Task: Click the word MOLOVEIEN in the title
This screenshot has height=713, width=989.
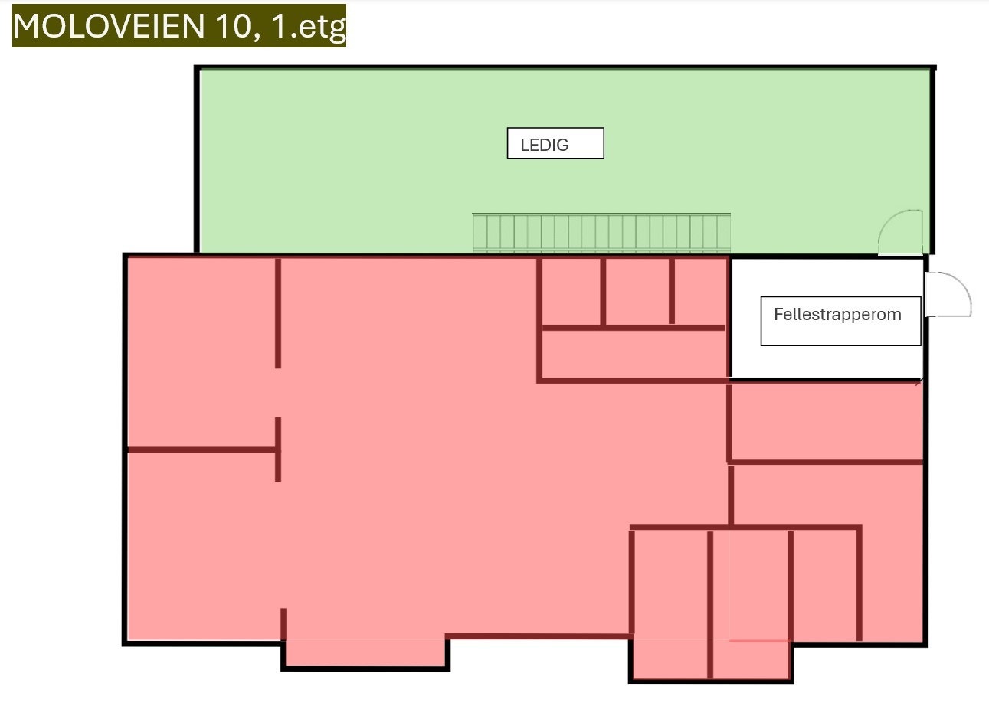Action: (109, 26)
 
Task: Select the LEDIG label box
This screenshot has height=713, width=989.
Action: (555, 143)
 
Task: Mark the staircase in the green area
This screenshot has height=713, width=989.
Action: (601, 233)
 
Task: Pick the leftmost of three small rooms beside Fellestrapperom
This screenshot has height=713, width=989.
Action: (571, 292)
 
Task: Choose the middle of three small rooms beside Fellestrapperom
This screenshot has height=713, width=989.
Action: (637, 292)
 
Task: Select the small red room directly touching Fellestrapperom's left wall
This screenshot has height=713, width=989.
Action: (700, 292)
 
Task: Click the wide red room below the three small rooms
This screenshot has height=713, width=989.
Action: (634, 354)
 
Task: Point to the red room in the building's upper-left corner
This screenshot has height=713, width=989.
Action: (201, 352)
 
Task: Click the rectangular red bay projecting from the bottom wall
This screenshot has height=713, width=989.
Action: (365, 652)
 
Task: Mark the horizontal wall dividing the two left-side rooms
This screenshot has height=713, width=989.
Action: (201, 450)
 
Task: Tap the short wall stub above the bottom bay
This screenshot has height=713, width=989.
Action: (283, 624)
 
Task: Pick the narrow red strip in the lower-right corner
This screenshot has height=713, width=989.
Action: (892, 584)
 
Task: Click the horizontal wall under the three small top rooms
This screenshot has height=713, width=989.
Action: (634, 328)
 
